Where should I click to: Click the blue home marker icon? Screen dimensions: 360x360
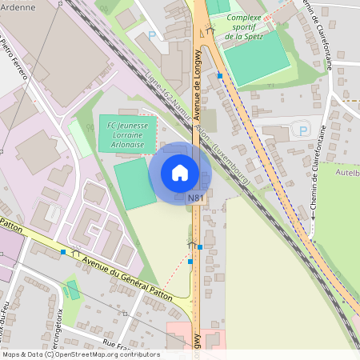180,173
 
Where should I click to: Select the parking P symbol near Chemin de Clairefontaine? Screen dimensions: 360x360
302,130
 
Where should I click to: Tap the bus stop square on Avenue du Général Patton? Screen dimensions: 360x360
63,252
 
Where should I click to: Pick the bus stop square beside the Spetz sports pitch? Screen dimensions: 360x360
220,75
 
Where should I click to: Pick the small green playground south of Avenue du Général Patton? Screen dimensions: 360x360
73,290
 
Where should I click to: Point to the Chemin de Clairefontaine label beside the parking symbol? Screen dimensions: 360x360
313,172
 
